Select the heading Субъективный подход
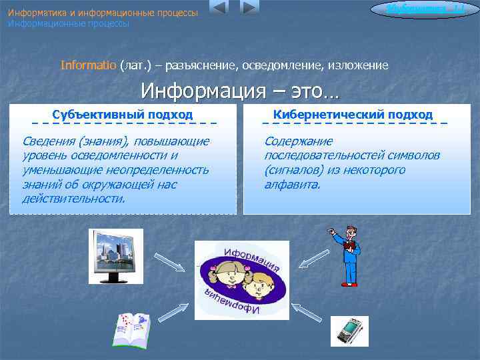pyautogui.click(x=123, y=115)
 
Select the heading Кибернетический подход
pyautogui.click(x=353, y=115)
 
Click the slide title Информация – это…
pyautogui.click(x=239, y=89)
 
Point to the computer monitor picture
pyautogui.click(x=116, y=257)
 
